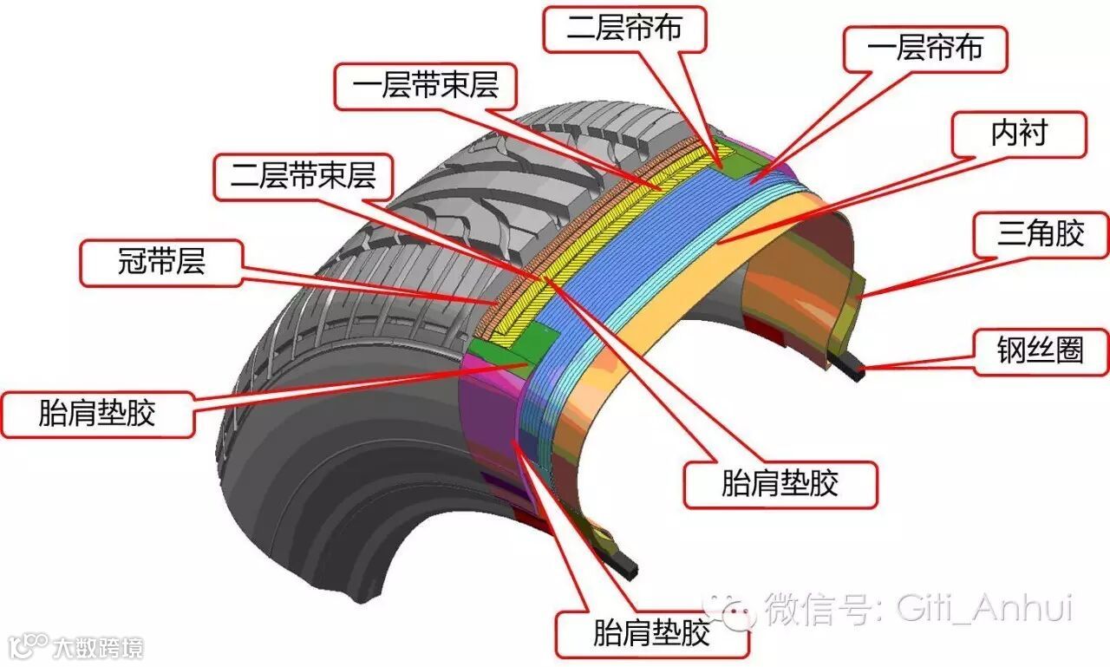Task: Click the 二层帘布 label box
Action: pos(624,29)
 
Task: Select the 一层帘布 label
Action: pos(925,49)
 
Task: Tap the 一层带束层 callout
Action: pos(428,87)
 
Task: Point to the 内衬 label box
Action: pos(1019,134)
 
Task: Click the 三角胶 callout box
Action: pos(1041,234)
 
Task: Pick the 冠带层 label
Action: pos(161,262)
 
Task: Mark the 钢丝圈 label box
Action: pos(1041,351)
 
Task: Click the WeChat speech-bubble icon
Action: pos(729,610)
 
